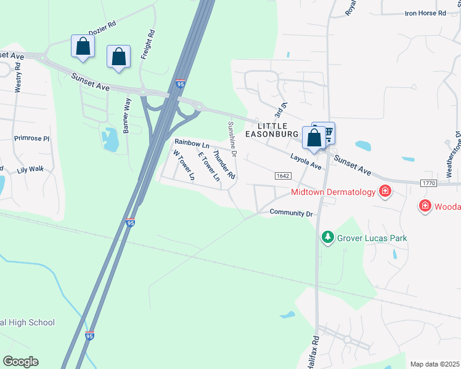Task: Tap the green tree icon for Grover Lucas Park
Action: pos(328,237)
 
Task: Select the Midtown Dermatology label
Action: pos(333,192)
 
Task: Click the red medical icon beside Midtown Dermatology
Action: pos(385,192)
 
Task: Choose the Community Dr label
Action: pos(292,213)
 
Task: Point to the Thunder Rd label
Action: pos(224,164)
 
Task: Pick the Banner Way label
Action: pos(128,115)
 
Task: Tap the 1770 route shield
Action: pos(430,183)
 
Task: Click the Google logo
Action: pos(20,362)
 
